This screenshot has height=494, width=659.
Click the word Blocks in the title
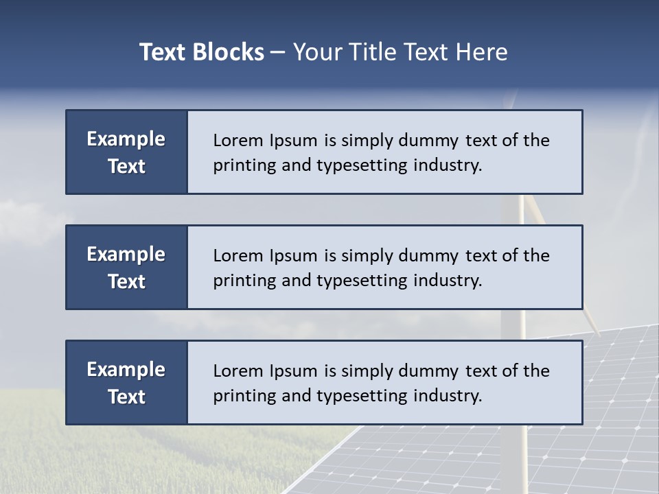pyautogui.click(x=230, y=52)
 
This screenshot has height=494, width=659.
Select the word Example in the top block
pyautogui.click(x=126, y=139)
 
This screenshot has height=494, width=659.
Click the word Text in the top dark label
pyautogui.click(x=126, y=166)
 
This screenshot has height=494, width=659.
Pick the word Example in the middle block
pyautogui.click(x=126, y=255)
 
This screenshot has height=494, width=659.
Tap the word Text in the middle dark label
pyautogui.click(x=126, y=281)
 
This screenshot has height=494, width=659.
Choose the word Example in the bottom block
pyautogui.click(x=126, y=370)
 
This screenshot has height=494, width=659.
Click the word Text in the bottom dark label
pyautogui.click(x=126, y=397)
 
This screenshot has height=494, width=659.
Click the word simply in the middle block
pyautogui.click(x=366, y=256)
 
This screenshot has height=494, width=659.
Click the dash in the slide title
pyautogui.click(x=278, y=52)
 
